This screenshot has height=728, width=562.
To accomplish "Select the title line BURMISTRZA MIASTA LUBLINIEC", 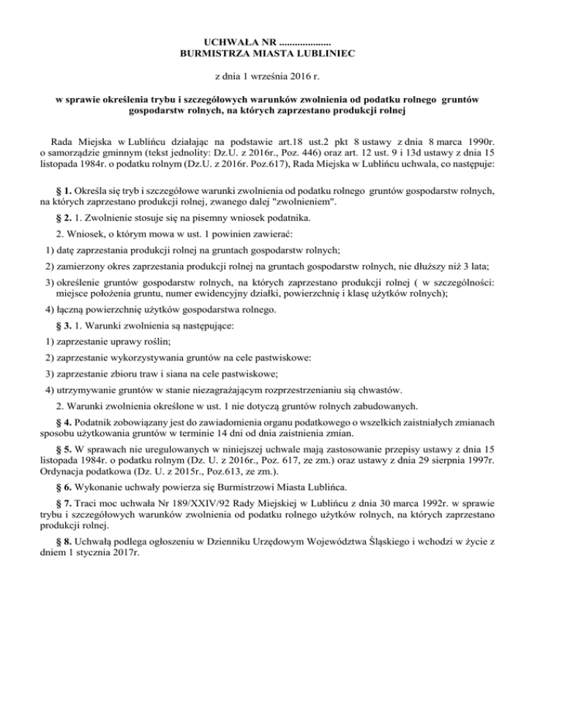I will tap(281, 53).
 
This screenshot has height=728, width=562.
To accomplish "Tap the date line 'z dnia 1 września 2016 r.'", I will tap(281, 75).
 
